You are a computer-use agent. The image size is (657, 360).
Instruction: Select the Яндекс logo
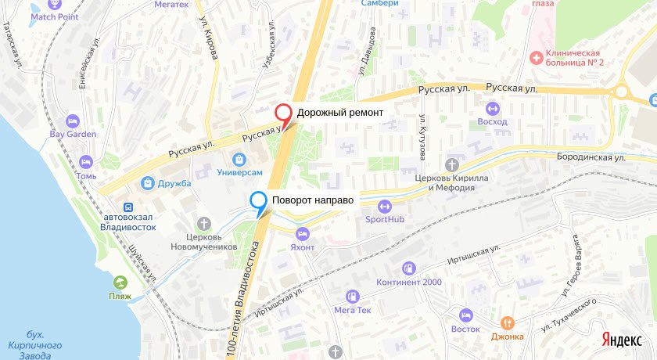(623, 339)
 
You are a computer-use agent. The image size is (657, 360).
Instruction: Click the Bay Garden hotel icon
(73, 121)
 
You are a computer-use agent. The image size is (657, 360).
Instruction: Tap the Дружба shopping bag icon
(147, 183)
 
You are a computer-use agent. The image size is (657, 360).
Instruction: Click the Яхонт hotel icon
(302, 233)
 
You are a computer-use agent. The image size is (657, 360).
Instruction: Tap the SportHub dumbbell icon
(384, 207)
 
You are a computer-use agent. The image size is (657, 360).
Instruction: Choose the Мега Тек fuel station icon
(352, 297)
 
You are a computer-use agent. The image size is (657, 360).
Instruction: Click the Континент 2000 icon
(407, 268)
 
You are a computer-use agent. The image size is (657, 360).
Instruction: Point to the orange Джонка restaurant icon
(507, 322)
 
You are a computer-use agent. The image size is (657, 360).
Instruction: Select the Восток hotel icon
(465, 315)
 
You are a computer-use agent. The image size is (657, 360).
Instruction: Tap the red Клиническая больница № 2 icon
(537, 56)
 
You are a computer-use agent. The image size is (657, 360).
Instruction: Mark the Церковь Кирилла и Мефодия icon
(451, 164)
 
